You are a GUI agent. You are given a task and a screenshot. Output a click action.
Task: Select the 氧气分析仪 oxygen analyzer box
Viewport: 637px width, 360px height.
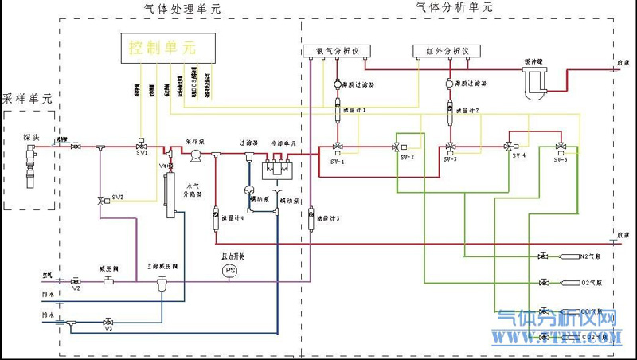click(x=333, y=51)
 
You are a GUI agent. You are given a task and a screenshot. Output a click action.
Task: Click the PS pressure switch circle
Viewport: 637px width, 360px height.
click(x=230, y=271)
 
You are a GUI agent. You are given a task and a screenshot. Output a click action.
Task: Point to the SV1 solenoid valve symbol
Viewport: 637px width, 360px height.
click(x=142, y=147)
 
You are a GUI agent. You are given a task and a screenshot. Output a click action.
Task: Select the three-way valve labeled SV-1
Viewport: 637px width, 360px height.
click(x=338, y=147)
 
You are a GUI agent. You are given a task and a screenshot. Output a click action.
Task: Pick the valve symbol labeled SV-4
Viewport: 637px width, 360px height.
click(x=509, y=147)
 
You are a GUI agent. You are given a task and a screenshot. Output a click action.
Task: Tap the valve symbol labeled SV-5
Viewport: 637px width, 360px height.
click(x=561, y=147)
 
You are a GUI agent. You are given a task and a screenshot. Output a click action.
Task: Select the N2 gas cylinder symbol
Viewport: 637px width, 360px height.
click(x=570, y=256)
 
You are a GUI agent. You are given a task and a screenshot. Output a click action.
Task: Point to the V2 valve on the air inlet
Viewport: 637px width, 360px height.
click(x=76, y=282)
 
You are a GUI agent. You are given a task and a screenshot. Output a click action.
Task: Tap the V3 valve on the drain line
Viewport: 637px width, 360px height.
click(x=108, y=323)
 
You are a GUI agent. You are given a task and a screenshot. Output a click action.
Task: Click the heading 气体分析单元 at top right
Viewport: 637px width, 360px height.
click(x=455, y=7)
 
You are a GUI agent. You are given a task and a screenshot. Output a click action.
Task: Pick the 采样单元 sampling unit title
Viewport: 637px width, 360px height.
click(x=28, y=100)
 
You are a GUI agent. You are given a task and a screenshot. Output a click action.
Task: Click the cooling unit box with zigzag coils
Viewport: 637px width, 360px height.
click(x=279, y=170)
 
